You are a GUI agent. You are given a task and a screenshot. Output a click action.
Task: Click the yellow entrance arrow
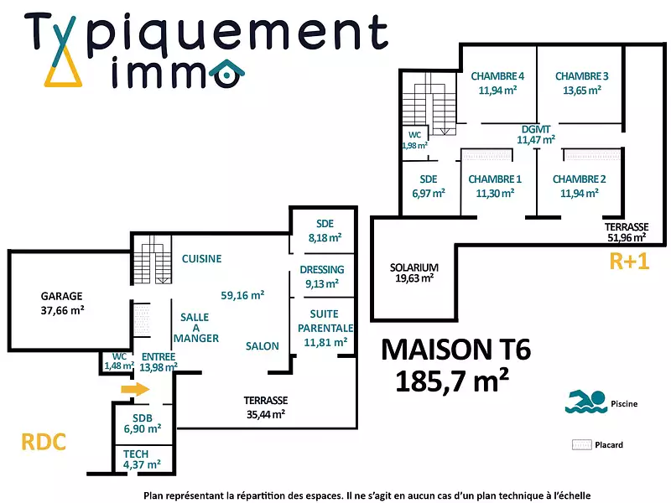point(135,390)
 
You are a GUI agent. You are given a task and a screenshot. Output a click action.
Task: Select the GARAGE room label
point(62,296)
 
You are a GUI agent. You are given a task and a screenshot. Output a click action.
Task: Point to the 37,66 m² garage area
point(62,309)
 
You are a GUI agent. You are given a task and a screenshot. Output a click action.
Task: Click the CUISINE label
point(201,259)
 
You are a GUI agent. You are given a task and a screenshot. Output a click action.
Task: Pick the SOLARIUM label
point(414,267)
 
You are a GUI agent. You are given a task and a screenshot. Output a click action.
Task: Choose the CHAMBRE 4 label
point(497,76)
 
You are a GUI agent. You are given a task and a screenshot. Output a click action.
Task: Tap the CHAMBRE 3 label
point(581,76)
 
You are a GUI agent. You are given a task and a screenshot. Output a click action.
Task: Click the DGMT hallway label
point(536,129)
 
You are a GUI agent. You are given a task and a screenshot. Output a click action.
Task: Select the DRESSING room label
point(322,270)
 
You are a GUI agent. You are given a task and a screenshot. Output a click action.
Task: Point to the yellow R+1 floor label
point(629,262)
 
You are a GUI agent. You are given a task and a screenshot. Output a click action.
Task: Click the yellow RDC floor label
point(43,442)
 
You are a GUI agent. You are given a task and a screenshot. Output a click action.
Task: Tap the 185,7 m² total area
point(451,382)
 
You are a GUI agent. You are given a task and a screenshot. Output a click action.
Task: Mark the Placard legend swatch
point(582,445)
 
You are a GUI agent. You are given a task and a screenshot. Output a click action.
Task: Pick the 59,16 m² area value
point(242,295)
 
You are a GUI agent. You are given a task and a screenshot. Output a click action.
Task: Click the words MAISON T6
point(455,349)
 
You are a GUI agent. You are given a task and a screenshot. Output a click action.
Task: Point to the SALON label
point(263,346)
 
